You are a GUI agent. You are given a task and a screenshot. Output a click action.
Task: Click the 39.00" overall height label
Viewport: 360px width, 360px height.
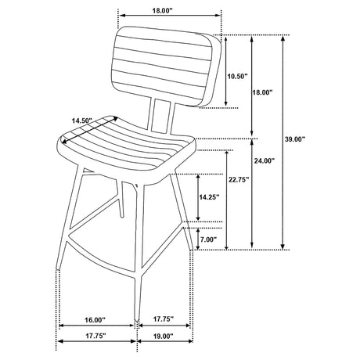click(x=295, y=139)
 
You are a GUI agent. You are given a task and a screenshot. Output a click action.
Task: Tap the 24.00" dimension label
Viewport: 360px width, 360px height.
click(x=265, y=161)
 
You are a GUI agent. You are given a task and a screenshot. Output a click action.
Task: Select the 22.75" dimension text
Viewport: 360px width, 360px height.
click(x=239, y=179)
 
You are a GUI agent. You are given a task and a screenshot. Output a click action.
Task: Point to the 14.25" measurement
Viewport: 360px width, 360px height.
click(x=209, y=197)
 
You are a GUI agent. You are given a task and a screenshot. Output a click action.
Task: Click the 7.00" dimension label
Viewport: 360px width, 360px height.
click(x=208, y=239)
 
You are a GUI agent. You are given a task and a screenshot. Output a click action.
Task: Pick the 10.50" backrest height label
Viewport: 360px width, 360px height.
click(x=237, y=77)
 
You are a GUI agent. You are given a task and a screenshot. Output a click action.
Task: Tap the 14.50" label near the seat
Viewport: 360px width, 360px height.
click(x=82, y=121)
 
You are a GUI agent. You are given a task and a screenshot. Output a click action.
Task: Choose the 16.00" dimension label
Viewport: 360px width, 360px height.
click(x=95, y=319)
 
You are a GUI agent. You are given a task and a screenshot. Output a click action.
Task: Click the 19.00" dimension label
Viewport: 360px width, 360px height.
click(x=163, y=337)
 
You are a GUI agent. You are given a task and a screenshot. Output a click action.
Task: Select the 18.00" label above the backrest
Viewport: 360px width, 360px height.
click(x=163, y=10)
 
